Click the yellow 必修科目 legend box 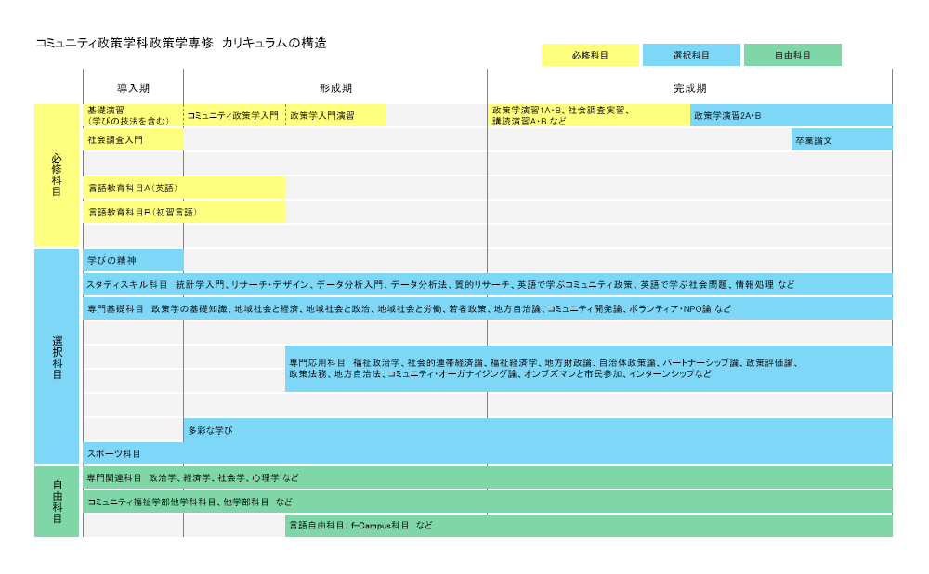590,55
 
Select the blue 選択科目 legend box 691,55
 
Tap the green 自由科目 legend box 792,55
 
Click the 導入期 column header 133,88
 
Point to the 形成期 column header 335,88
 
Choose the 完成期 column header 689,88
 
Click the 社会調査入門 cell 133,140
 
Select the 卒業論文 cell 842,140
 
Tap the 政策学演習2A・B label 727,115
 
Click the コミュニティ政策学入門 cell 235,115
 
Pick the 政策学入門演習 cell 336,115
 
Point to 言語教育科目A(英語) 133,188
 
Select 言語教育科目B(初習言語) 142,212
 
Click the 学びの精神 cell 133,260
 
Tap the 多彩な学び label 210,430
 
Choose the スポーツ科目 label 113,454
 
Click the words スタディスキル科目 126,284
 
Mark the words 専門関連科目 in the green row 114,477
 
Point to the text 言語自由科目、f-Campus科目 349,526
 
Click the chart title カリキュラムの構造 274,43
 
